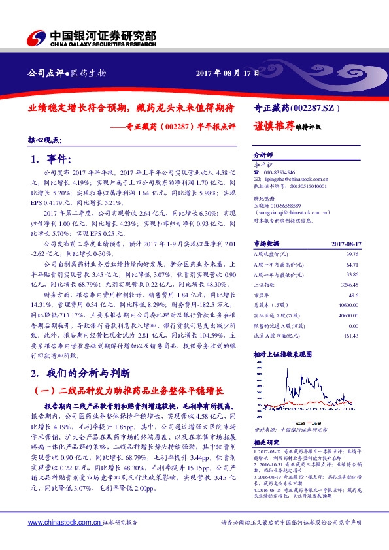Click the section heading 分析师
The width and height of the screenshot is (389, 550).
(x=262, y=157)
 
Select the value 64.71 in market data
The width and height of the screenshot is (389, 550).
(x=353, y=265)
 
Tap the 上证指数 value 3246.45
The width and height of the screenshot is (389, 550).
(x=350, y=285)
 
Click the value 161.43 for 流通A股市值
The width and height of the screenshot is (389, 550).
(x=352, y=336)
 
